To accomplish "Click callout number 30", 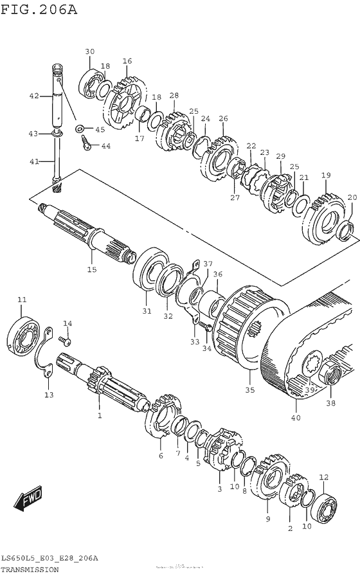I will [x=89, y=51].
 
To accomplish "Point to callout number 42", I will [x=34, y=96].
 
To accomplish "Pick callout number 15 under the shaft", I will [x=92, y=269].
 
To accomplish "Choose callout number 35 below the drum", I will [x=250, y=390].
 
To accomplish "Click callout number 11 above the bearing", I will [x=22, y=300].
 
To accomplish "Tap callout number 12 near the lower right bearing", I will [x=323, y=477].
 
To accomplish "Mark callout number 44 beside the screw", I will [x=105, y=146].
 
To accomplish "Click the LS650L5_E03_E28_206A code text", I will [x=50, y=558].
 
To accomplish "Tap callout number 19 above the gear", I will [x=326, y=175].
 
